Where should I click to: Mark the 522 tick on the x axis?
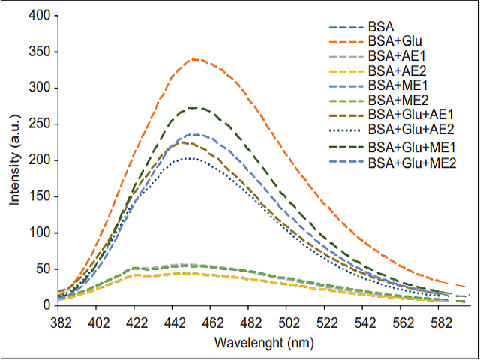tap(324, 322)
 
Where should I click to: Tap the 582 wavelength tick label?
tap(437, 322)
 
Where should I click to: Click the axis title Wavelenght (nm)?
tap(253, 343)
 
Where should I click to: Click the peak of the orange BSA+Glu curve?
tap(194, 58)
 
